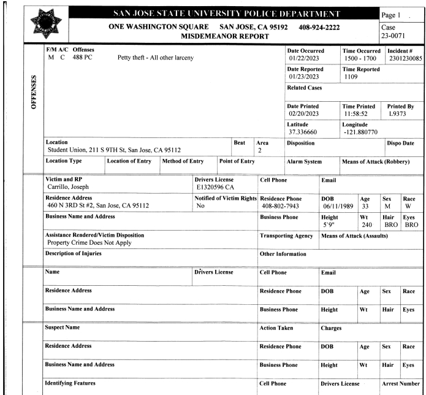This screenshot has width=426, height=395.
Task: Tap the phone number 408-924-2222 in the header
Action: pyautogui.click(x=313, y=28)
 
